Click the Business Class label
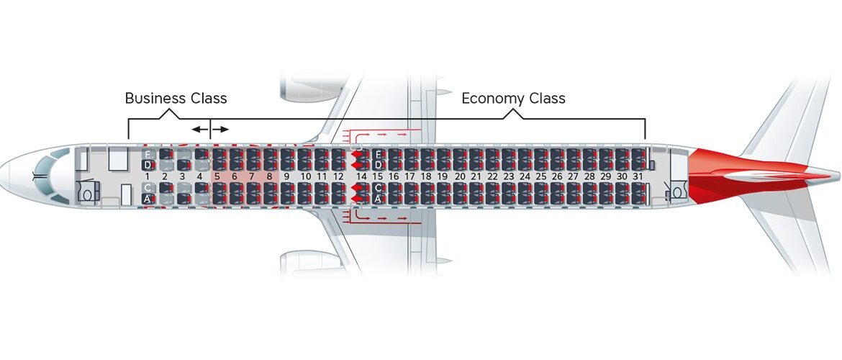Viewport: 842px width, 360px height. click(176, 99)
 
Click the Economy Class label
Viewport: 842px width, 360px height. click(513, 99)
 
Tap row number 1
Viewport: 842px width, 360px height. click(148, 176)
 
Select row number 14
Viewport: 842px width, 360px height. click(361, 176)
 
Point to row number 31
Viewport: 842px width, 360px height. click(638, 176)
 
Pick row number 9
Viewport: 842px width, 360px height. click(286, 176)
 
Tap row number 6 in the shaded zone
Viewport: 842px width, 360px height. click(234, 176)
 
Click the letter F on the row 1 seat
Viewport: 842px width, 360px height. click(148, 154)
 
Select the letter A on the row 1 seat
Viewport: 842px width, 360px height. click(148, 199)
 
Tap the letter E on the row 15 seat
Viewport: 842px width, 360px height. click(377, 154)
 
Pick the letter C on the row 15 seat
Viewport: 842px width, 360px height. click(377, 188)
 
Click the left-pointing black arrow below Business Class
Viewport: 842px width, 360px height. click(199, 129)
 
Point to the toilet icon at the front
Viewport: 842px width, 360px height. click(88, 194)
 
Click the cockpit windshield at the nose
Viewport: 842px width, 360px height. click(45, 176)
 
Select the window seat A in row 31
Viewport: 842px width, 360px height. click(638, 199)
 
